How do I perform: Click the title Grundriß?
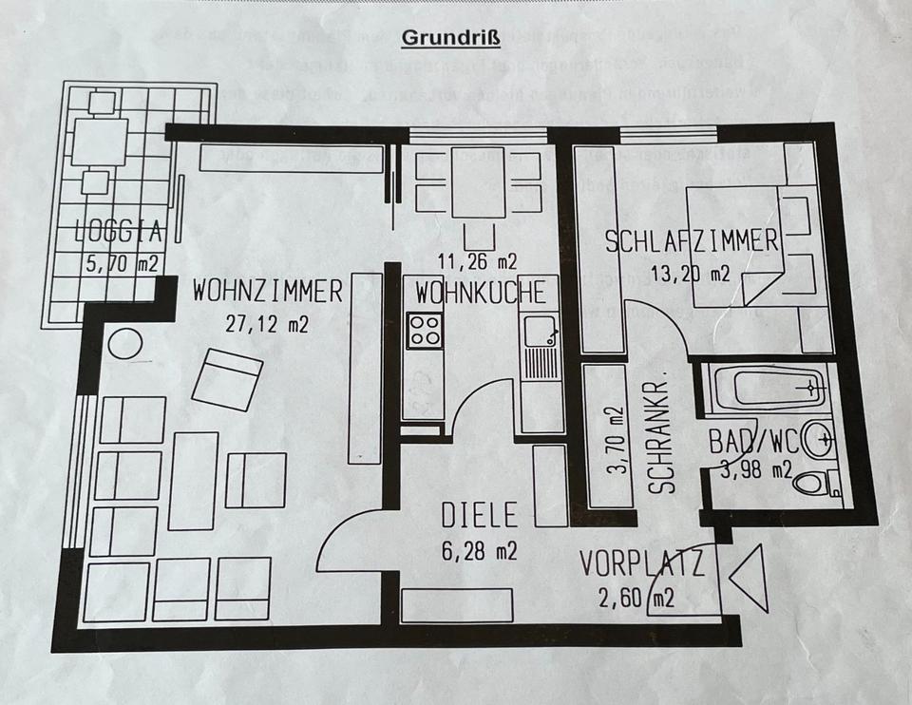coord(451,38)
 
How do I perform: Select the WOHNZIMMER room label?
coord(267,292)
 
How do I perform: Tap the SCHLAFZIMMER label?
coord(693,241)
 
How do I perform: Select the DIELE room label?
coord(480,516)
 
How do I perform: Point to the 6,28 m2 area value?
coord(479,551)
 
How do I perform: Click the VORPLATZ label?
coord(642,566)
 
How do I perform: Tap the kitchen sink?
coord(540,332)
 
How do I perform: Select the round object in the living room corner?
coord(124,343)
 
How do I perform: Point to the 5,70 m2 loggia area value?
coord(121,264)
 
